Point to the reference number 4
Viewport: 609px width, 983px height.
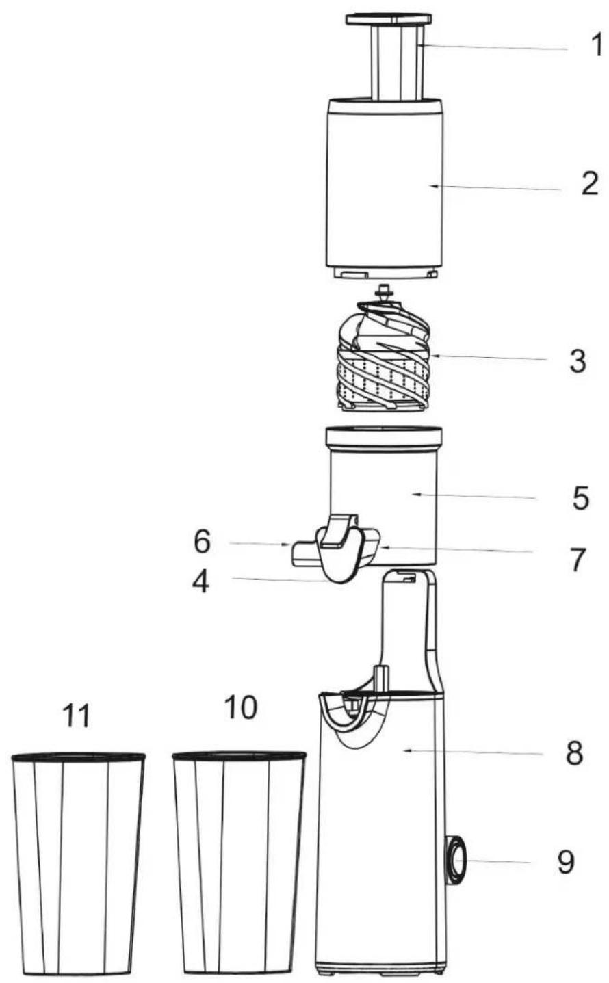(x=201, y=582)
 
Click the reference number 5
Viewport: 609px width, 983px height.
(x=581, y=498)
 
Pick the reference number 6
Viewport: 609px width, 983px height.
(x=203, y=542)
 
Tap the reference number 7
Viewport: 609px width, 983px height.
(x=578, y=560)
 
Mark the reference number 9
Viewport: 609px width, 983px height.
(x=566, y=862)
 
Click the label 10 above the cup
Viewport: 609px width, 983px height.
(x=240, y=707)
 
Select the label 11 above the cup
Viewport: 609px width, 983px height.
(x=77, y=716)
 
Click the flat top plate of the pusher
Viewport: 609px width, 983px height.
(x=389, y=19)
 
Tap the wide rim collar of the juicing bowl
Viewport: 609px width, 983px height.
(x=384, y=439)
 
